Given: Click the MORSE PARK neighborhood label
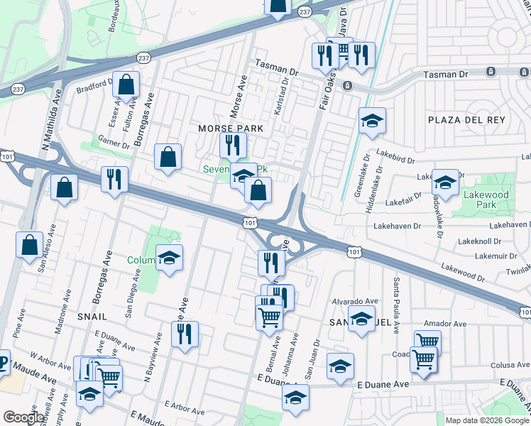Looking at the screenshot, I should click(230, 129).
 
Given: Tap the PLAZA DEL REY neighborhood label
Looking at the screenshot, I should click(466, 120).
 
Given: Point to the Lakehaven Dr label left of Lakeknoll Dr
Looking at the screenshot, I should click(397, 225).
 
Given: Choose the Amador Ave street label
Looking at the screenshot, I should click(444, 324).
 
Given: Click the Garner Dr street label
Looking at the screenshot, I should click(114, 142).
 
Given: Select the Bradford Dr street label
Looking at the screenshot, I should click(95, 87).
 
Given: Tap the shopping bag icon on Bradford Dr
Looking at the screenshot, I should click(126, 84).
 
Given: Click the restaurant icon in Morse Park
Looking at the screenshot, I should click(232, 146).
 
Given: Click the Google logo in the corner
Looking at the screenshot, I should click(25, 417).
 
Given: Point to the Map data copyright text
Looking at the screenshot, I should click(488, 420).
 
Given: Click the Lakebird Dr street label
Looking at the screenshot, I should click(394, 152).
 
